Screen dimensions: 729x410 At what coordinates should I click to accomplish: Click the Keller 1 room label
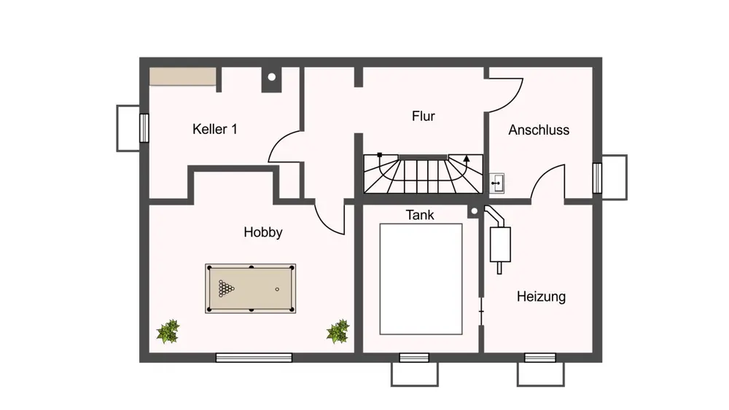click(x=214, y=130)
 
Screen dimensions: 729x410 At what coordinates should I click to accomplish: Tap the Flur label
click(x=423, y=116)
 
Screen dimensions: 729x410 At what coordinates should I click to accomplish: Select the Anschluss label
click(x=539, y=130)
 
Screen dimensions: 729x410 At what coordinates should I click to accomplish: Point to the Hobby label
click(x=262, y=232)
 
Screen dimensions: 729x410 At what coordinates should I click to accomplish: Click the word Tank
click(x=420, y=215)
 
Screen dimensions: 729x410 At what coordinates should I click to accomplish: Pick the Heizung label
click(x=541, y=296)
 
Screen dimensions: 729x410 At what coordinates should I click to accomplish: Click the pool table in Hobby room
click(x=251, y=288)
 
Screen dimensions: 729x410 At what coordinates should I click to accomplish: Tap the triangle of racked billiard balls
click(x=227, y=288)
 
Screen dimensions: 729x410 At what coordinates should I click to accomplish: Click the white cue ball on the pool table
click(x=277, y=289)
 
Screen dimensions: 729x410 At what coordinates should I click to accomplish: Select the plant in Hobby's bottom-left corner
click(x=168, y=332)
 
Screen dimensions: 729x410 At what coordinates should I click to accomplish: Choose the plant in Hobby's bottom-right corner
click(x=338, y=332)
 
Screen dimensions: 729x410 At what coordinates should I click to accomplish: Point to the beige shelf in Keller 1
click(x=183, y=76)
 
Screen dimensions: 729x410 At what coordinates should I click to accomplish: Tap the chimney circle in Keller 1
click(x=271, y=76)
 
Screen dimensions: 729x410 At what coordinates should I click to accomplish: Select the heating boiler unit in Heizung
click(x=500, y=243)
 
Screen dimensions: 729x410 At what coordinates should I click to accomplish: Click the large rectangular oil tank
click(x=421, y=278)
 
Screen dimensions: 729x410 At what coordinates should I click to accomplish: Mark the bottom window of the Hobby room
click(x=254, y=357)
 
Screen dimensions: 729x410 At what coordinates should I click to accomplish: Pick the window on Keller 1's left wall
click(x=144, y=127)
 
